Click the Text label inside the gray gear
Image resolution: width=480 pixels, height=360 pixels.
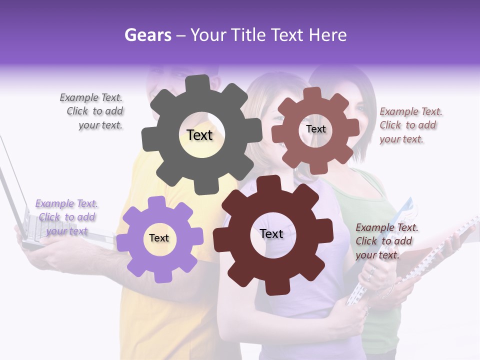tap(199, 135)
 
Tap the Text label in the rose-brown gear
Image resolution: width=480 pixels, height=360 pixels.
tap(315, 129)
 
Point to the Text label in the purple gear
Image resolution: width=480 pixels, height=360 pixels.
tap(159, 238)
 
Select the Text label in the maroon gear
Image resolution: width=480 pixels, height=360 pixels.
tap(271, 233)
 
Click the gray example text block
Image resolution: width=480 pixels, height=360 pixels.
tap(93, 111)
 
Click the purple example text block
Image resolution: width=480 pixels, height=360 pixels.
tap(66, 217)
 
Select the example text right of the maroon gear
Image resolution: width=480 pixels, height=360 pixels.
tap(386, 241)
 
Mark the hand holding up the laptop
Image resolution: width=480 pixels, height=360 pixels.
tap(55, 250)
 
